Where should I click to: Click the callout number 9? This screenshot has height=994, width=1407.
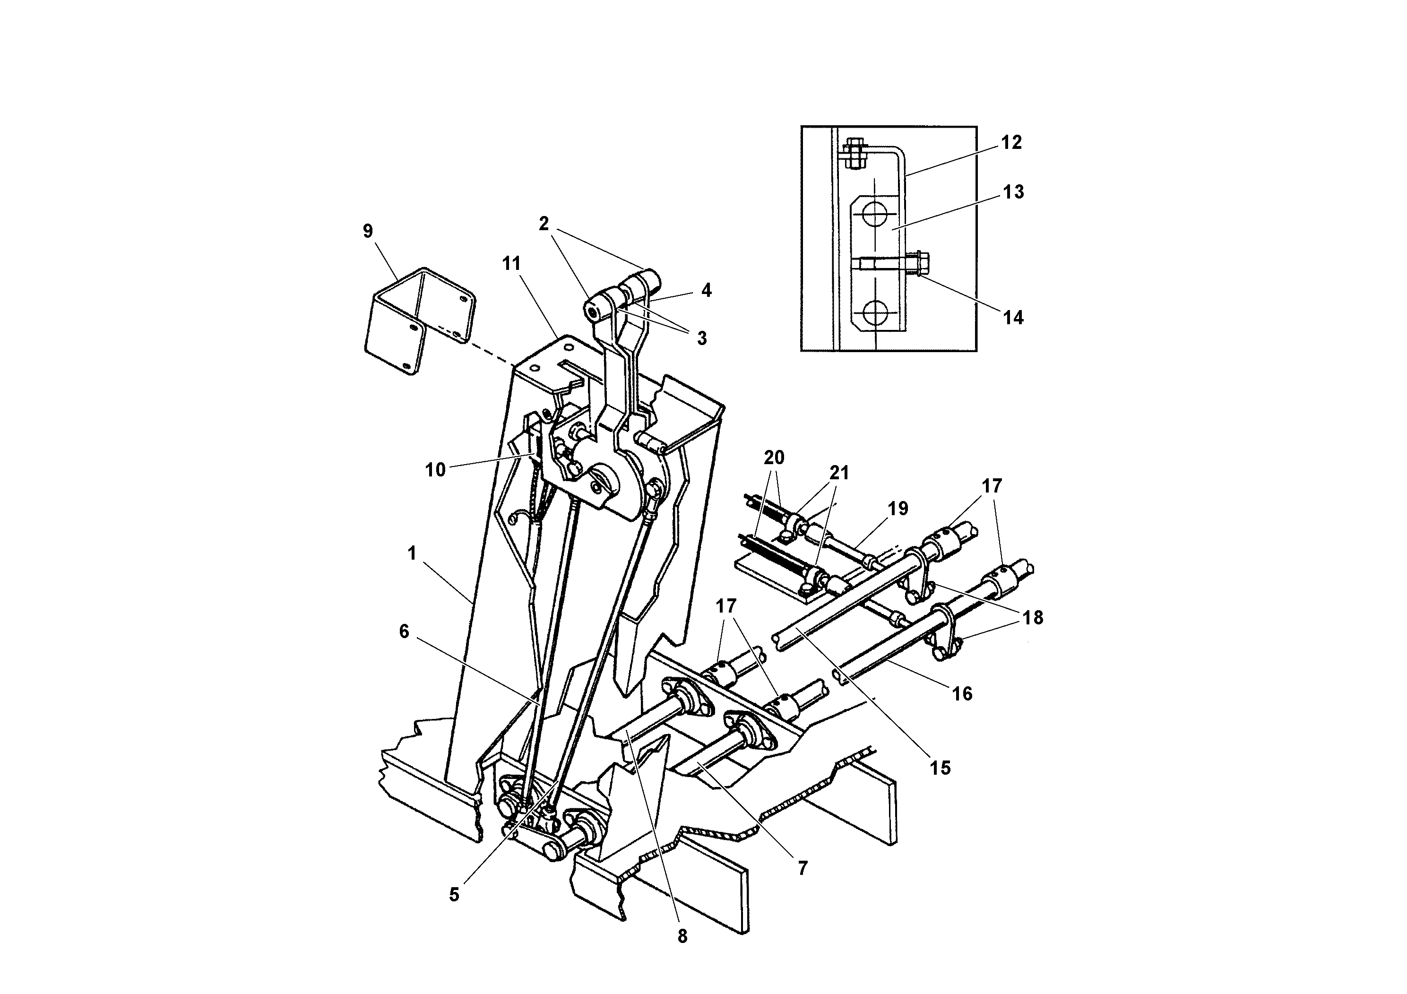point(368,231)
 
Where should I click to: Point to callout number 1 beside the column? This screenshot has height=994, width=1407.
point(412,553)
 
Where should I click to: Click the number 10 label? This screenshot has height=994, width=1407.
point(435,471)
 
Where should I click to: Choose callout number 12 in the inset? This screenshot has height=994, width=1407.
point(1012,142)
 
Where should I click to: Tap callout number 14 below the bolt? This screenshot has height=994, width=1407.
point(1013,318)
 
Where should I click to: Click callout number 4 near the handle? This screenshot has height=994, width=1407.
point(706,290)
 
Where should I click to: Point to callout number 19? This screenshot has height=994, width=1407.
point(898,508)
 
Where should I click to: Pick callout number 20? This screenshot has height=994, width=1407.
point(774,457)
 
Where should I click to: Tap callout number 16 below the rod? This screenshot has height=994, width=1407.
point(962,694)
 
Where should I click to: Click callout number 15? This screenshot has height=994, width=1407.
point(940,767)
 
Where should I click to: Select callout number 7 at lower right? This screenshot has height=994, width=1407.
point(803,868)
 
